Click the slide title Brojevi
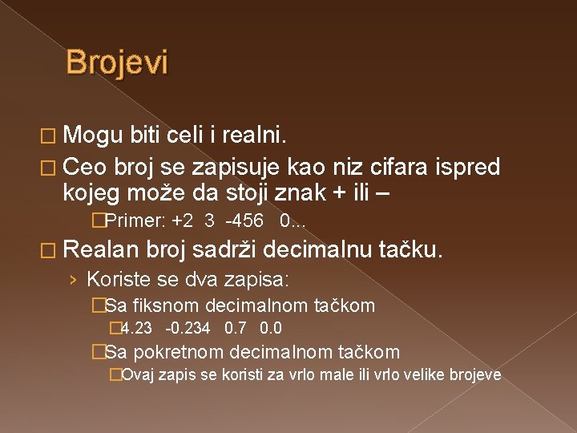click(117, 63)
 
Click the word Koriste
click(113, 280)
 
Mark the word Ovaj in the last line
click(141, 374)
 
